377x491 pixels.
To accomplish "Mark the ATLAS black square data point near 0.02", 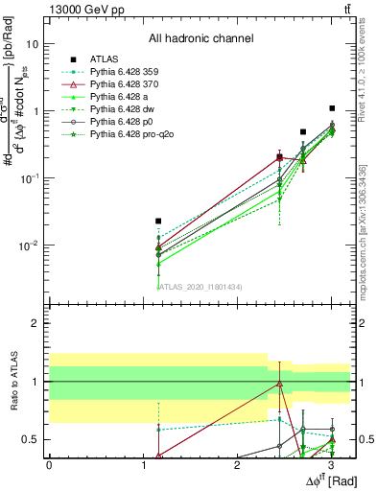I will click(158, 221).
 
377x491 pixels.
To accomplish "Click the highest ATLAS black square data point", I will click(332, 108).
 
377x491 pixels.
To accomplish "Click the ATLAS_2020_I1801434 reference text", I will click(200, 286).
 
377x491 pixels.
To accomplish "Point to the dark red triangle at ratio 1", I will click(278, 384).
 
